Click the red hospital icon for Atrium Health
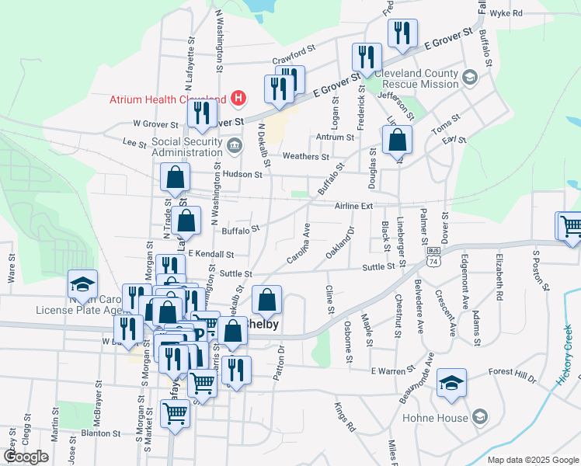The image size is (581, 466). point(239,99)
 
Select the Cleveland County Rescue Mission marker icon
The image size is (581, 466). point(469,78)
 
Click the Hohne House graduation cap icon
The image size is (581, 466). point(479,417)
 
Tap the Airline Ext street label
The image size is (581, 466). point(354,206)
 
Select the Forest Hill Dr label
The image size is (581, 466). point(513,372)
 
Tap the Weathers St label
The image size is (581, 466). point(305,157)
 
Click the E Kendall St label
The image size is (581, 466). point(210,254)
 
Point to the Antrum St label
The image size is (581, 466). point(335,137)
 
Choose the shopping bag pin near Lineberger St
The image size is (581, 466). point(397,141)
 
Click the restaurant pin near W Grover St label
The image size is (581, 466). point(202,113)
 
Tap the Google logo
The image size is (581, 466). point(26,457)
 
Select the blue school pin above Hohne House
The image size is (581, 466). point(451,383)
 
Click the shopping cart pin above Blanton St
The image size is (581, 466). point(176,414)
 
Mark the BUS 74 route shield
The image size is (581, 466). point(433,255)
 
